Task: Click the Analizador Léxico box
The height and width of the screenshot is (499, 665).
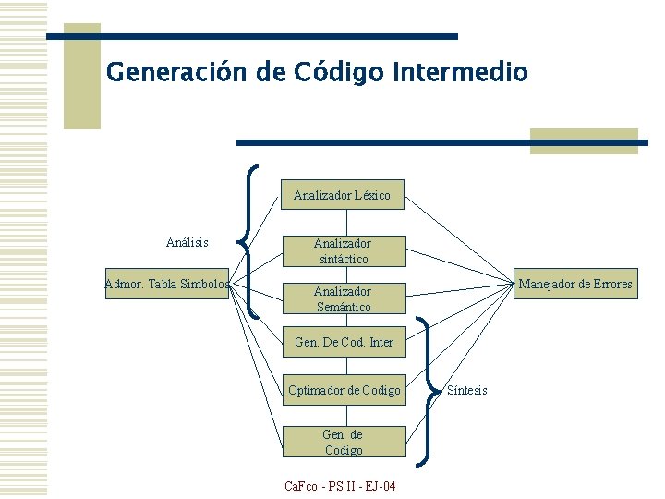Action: point(342,195)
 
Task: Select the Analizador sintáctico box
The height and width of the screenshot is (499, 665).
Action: point(342,251)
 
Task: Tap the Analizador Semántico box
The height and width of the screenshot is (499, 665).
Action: point(343,299)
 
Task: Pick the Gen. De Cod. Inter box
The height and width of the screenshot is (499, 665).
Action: point(343,342)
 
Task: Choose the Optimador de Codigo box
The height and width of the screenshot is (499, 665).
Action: point(344,390)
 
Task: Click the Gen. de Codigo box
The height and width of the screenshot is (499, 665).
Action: point(343,442)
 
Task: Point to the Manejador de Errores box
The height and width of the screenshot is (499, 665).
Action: point(574,284)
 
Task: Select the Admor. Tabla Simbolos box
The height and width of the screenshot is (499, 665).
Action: point(167,284)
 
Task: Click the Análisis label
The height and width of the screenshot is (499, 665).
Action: point(187,242)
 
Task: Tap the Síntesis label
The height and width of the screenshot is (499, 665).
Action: point(467,390)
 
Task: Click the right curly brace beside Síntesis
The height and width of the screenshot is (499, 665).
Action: point(427,390)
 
